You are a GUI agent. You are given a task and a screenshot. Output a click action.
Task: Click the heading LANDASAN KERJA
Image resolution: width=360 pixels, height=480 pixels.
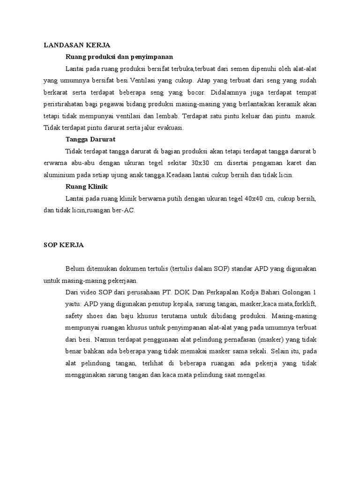click(76, 45)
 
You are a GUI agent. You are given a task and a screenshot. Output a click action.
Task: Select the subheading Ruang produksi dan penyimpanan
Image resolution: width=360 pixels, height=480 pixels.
click(120, 57)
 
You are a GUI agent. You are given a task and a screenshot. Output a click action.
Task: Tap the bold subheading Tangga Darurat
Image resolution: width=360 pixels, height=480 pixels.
click(90, 139)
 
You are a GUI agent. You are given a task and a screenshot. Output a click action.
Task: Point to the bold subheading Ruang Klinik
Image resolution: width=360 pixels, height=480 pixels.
click(87, 186)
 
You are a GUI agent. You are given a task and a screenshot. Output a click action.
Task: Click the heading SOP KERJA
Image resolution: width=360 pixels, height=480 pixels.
click(63, 245)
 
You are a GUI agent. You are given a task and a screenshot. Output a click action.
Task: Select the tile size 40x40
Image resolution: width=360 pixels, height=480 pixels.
click(254, 198)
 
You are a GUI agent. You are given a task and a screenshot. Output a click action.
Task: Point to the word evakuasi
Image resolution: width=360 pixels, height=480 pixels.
click(170, 127)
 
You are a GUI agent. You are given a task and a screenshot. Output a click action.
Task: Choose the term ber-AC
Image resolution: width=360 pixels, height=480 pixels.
click(124, 210)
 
